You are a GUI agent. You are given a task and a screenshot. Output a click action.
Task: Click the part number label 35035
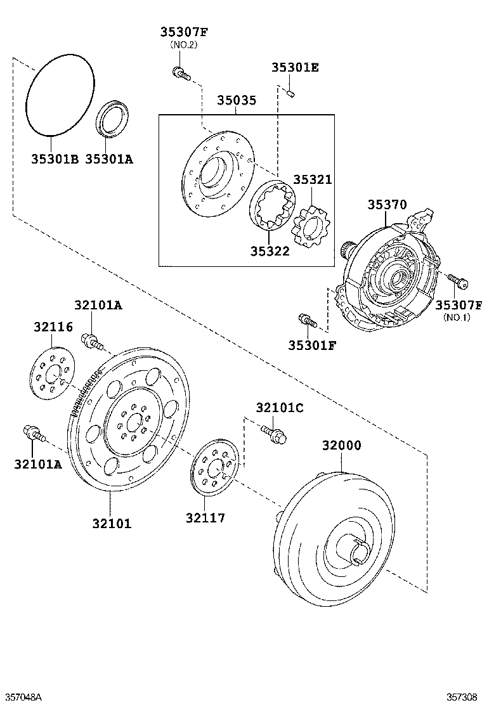tap(237, 100)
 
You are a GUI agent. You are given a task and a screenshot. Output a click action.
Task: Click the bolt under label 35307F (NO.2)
tap(180, 74)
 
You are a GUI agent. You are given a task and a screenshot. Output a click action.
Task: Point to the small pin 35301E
tap(289, 94)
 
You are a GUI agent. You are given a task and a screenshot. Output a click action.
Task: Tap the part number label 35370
tap(387, 205)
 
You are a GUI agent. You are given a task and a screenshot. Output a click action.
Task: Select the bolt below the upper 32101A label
tap(92, 341)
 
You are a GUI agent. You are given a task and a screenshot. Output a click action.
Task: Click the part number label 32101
tap(112, 524)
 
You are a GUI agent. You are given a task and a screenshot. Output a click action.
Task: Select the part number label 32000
tap(341, 446)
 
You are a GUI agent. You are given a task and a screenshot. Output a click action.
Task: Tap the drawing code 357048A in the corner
tap(22, 697)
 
